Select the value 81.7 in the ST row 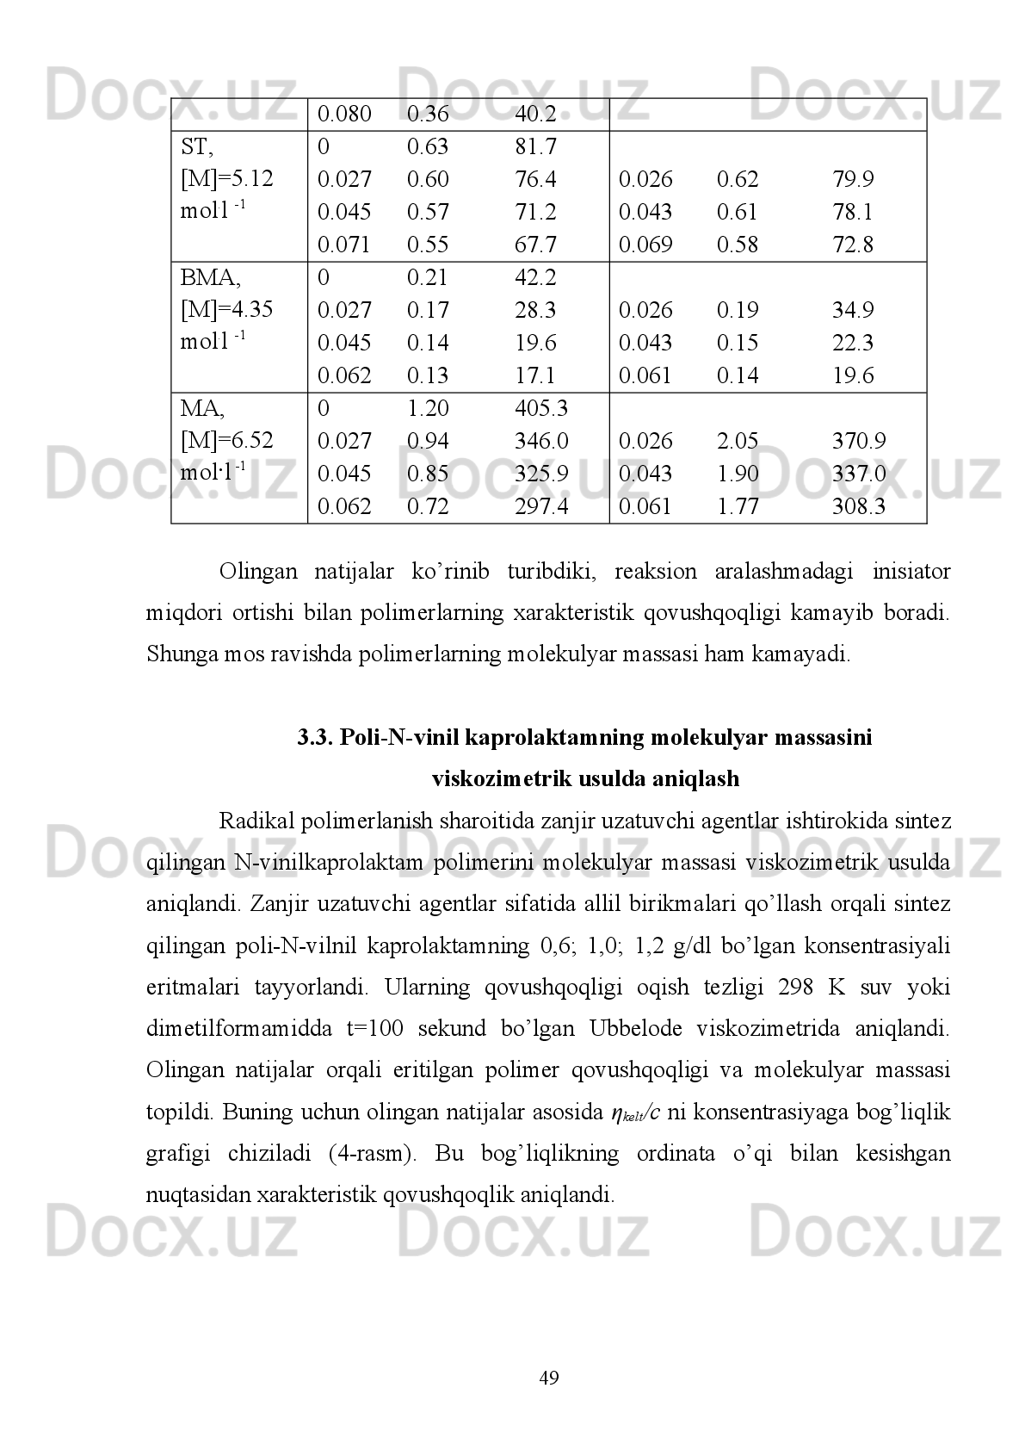tap(534, 147)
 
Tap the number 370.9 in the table tap(858, 442)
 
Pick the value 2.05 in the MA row tap(738, 442)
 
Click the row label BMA tap(210, 278)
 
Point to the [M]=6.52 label tap(226, 441)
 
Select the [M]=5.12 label tap(226, 179)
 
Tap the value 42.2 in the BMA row tap(534, 278)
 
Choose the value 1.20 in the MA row tap(428, 408)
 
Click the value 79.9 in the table tap(853, 180)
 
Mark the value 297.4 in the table tap(540, 507)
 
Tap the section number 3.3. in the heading tap(315, 738)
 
